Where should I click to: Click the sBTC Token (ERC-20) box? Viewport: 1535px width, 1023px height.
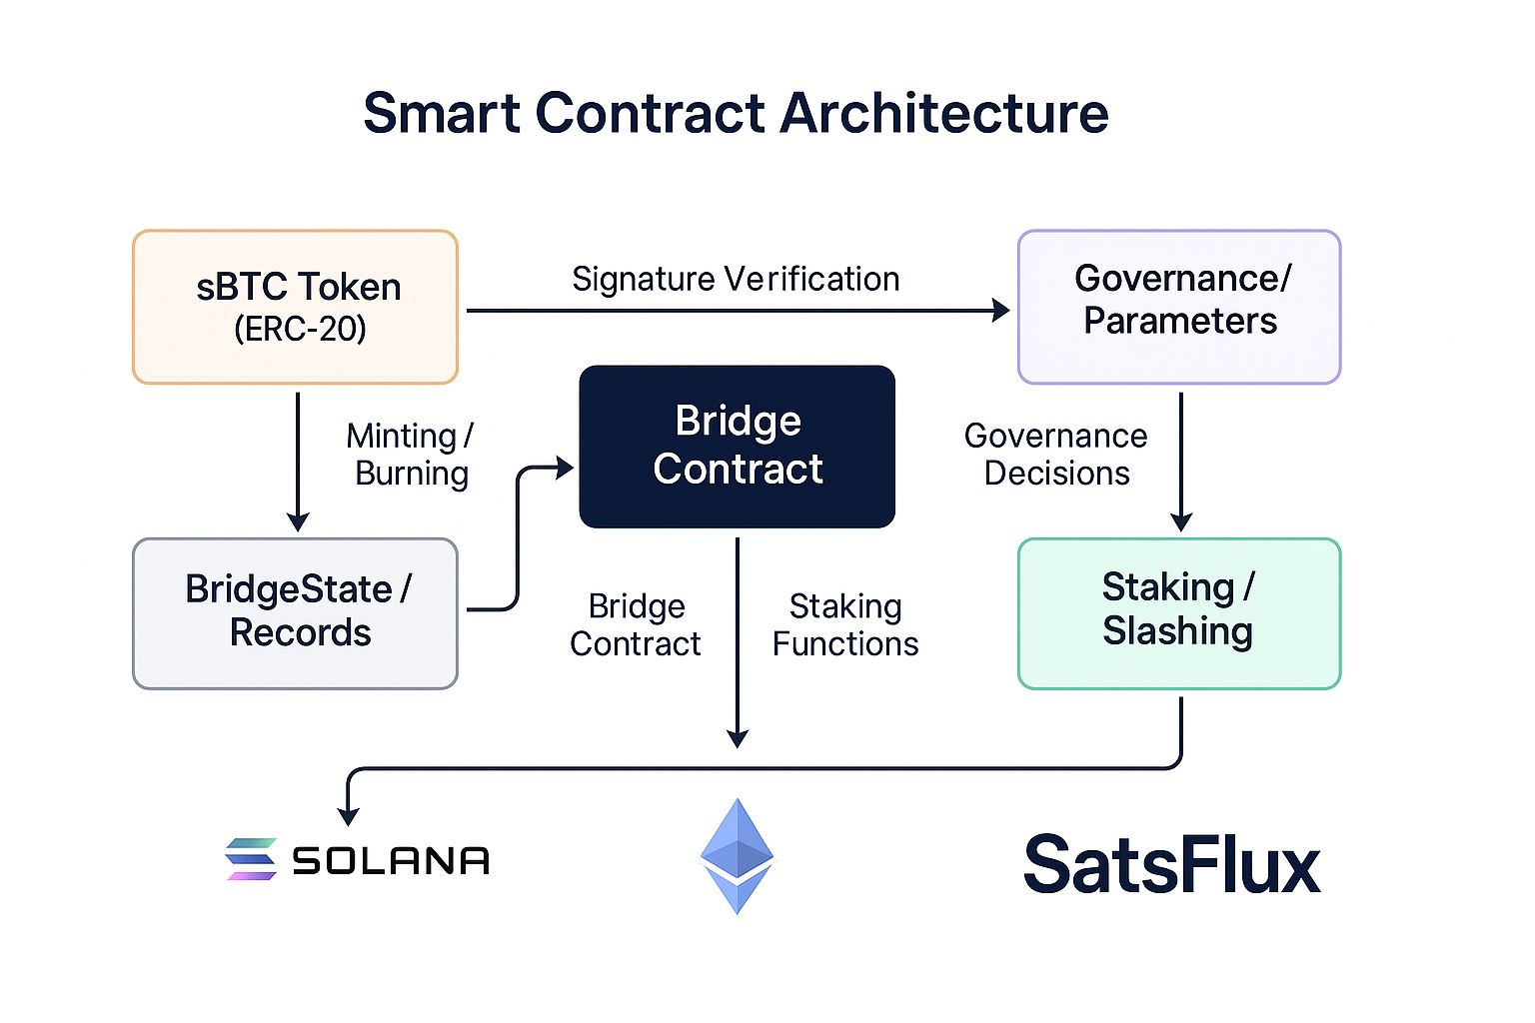(295, 307)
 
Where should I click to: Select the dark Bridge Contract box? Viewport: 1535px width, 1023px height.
(737, 447)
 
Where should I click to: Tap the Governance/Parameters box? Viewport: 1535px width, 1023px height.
(1179, 307)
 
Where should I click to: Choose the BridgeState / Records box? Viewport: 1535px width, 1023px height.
(295, 612)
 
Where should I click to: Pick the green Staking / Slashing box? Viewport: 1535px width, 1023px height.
(1179, 612)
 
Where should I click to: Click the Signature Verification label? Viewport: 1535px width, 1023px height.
(736, 280)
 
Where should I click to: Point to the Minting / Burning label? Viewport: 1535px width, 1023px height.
(410, 455)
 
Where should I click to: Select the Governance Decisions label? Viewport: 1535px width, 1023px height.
(1056, 455)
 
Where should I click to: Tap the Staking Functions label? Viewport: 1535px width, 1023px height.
(845, 625)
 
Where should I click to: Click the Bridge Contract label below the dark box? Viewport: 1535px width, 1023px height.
(636, 625)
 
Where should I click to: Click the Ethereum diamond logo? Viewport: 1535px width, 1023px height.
(737, 856)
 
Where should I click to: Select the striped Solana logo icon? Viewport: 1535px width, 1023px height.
(251, 859)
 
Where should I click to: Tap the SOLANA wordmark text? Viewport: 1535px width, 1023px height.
(391, 861)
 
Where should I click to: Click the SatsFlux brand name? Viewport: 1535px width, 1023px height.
(1171, 865)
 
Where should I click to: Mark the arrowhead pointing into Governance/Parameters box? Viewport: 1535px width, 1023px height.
(1000, 311)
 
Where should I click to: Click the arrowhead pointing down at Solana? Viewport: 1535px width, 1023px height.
(348, 816)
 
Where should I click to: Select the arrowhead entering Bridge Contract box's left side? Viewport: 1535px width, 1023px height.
(565, 467)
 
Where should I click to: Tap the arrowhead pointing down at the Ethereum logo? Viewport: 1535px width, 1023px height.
(738, 738)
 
